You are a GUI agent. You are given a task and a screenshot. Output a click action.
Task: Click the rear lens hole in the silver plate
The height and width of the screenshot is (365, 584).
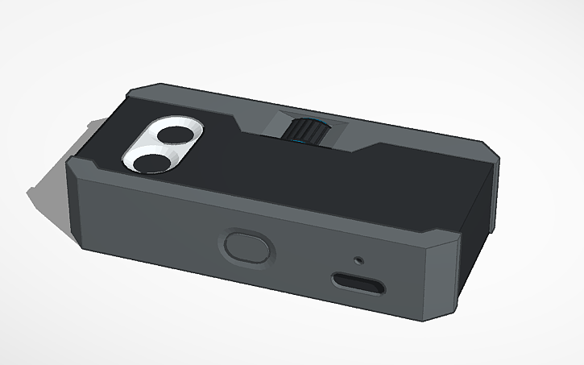(x=172, y=135)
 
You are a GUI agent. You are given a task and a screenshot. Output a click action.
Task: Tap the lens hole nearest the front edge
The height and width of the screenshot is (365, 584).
(x=151, y=162)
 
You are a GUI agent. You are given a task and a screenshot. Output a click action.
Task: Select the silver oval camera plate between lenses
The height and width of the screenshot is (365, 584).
(x=162, y=148)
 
